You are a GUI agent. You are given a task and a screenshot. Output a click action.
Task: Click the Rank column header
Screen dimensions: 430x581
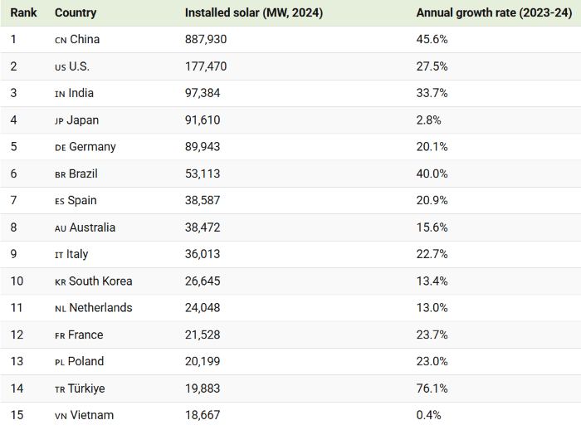tap(23, 12)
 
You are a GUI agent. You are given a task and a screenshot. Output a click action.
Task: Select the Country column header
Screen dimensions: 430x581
tap(76, 12)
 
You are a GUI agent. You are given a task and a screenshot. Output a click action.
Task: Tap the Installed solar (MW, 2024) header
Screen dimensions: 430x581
tap(254, 12)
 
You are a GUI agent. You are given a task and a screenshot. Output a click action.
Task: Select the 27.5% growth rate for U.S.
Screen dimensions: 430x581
tap(432, 66)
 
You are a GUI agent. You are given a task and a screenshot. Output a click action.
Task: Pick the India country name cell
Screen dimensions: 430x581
tap(81, 93)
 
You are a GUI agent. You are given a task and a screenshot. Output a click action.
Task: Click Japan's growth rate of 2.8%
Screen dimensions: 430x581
tap(428, 120)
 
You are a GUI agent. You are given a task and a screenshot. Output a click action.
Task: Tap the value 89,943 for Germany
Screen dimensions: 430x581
tap(203, 147)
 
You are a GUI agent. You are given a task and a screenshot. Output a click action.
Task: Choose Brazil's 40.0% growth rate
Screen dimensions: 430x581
tap(432, 173)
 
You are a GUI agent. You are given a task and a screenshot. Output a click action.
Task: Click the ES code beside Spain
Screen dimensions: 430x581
tap(60, 201)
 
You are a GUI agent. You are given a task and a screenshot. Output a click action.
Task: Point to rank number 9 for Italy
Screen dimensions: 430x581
tap(14, 254)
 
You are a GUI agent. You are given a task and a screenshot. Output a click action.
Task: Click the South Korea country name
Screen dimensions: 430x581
tap(100, 281)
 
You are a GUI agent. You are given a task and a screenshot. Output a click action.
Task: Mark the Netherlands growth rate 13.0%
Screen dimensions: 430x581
tap(432, 308)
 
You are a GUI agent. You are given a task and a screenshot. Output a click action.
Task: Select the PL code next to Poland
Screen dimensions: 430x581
tap(60, 362)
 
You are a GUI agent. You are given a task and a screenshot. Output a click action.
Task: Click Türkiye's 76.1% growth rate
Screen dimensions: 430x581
tap(432, 388)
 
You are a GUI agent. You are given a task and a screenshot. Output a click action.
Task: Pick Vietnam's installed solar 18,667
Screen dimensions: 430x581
tap(203, 415)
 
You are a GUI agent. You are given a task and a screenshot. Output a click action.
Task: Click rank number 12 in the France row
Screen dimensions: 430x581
tap(17, 335)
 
